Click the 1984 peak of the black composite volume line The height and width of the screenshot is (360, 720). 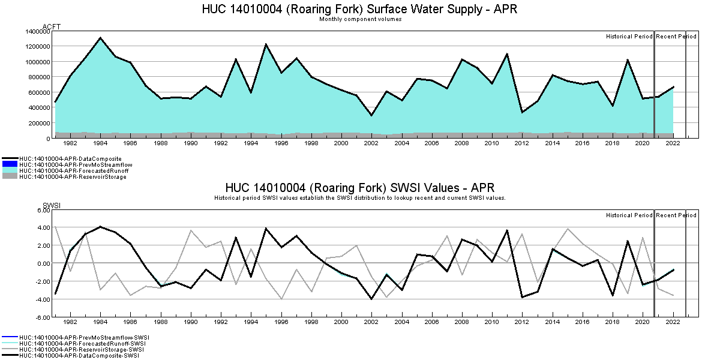click(100, 38)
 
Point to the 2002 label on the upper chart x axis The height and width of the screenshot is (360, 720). click(371, 143)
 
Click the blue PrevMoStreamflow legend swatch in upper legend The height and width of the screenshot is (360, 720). click(10, 164)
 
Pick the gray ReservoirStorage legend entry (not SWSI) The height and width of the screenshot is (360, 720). click(73, 176)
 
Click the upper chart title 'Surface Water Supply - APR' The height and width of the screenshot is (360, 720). click(359, 10)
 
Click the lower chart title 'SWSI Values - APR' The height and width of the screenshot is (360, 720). click(359, 188)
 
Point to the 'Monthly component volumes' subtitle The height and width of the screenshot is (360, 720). click(360, 19)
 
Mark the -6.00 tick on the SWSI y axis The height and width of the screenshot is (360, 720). click(41, 317)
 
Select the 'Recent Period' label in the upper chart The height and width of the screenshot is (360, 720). click(676, 37)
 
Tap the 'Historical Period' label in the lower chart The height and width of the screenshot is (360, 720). click(629, 215)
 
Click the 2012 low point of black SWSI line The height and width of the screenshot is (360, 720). click(522, 297)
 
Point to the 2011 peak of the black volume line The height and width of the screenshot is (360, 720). click(507, 54)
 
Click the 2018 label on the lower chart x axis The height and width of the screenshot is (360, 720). click(612, 322)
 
